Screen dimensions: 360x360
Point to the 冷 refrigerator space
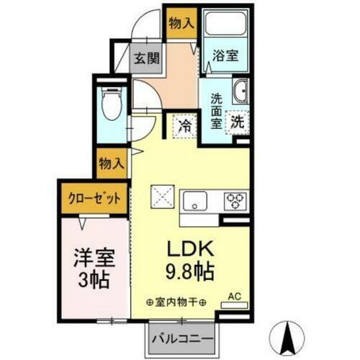184,125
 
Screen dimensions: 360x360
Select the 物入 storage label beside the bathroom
180,23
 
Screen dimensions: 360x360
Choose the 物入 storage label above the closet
110,163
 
